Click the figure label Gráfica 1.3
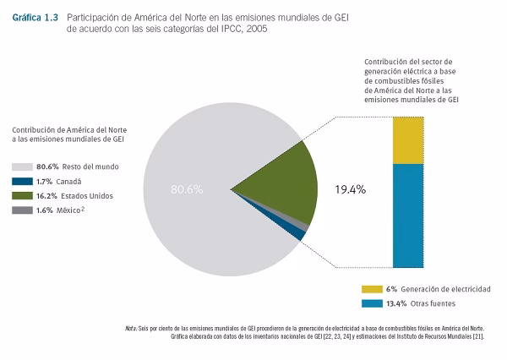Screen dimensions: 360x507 [x=35, y=17]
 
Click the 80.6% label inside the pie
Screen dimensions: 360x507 [x=186, y=189]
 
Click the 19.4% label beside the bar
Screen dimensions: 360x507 [x=350, y=189]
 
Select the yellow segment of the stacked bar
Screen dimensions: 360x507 [x=408, y=140]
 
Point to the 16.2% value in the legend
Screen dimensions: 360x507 [x=46, y=196]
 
